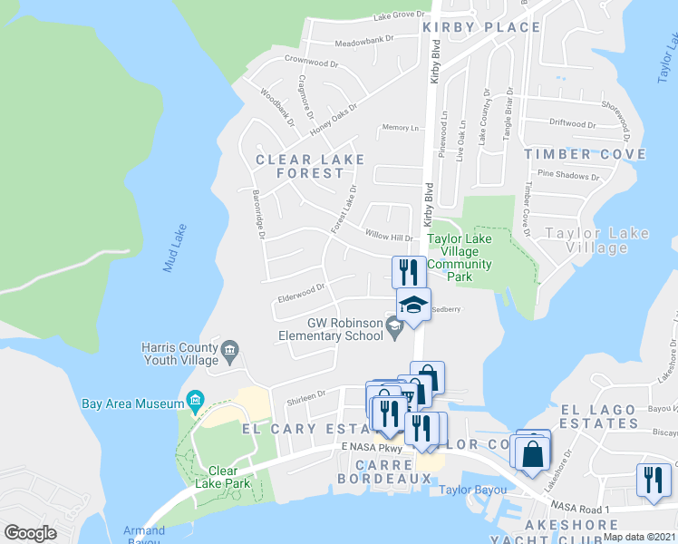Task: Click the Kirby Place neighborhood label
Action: click(481, 27)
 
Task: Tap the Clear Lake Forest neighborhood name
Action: click(310, 166)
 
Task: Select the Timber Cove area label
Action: click(586, 154)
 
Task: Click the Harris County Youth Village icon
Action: click(228, 349)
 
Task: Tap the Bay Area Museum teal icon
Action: click(194, 400)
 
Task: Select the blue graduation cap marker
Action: click(413, 305)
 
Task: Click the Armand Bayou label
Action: click(143, 537)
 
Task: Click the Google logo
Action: click(30, 533)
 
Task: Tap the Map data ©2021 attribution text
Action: click(639, 537)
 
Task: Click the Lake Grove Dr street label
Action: click(400, 16)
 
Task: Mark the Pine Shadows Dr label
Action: click(568, 176)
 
